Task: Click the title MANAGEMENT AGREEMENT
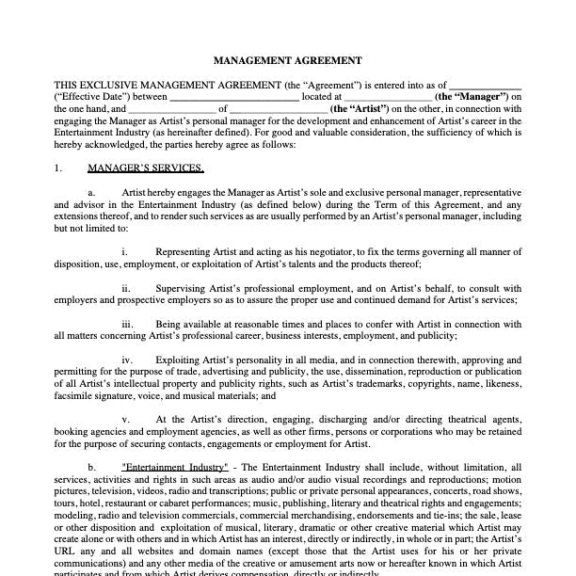(287, 60)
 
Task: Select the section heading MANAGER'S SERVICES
(145, 168)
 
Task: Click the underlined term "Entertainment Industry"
(174, 468)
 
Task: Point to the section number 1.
(58, 168)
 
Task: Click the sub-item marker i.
(124, 252)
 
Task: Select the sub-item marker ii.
(125, 288)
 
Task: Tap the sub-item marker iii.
(126, 324)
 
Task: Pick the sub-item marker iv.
(126, 360)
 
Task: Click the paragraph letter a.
(92, 192)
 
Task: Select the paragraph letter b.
(92, 468)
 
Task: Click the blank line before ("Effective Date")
(485, 84)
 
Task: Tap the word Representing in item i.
(184, 252)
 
